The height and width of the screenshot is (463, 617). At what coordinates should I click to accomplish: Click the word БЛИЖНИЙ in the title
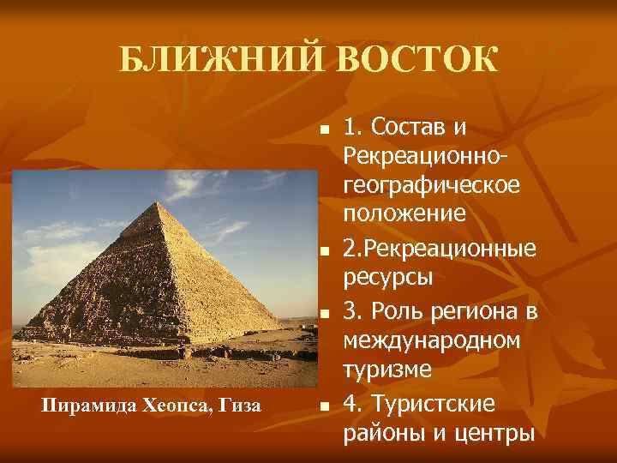[218, 61]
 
